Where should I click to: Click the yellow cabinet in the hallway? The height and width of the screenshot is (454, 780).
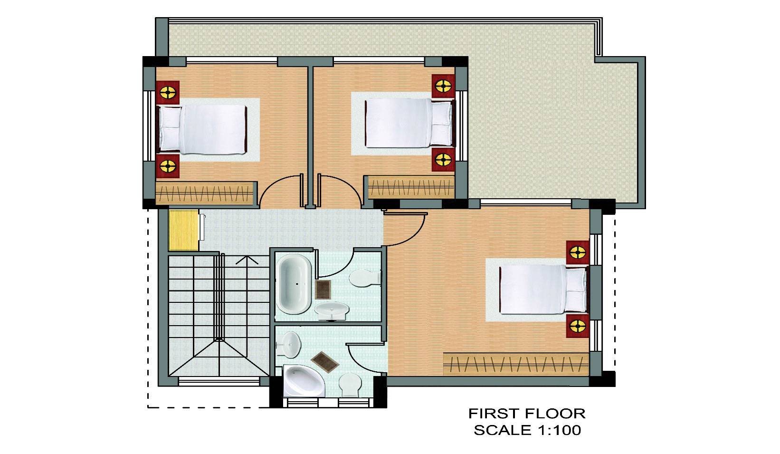click(183, 230)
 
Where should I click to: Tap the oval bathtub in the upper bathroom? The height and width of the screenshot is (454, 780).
click(294, 284)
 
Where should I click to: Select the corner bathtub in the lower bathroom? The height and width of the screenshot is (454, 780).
click(304, 380)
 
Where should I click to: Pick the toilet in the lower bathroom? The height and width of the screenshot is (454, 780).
click(350, 385)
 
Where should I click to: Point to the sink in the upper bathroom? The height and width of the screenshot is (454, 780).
click(331, 310)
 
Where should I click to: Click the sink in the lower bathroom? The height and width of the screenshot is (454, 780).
click(288, 344)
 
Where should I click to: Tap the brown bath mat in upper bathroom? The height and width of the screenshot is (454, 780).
click(323, 290)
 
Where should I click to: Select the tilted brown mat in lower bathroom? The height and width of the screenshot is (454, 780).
click(325, 362)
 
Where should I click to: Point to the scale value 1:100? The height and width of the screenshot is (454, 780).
click(559, 430)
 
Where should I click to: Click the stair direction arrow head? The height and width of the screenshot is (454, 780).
click(247, 260)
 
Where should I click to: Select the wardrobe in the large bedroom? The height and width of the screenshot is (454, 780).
click(516, 364)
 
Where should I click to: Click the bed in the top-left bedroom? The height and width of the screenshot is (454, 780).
click(203, 130)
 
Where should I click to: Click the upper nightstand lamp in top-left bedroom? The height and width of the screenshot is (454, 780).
click(168, 93)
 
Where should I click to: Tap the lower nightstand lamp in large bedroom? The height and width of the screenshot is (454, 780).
click(578, 326)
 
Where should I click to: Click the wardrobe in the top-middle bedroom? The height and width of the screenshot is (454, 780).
click(411, 187)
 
